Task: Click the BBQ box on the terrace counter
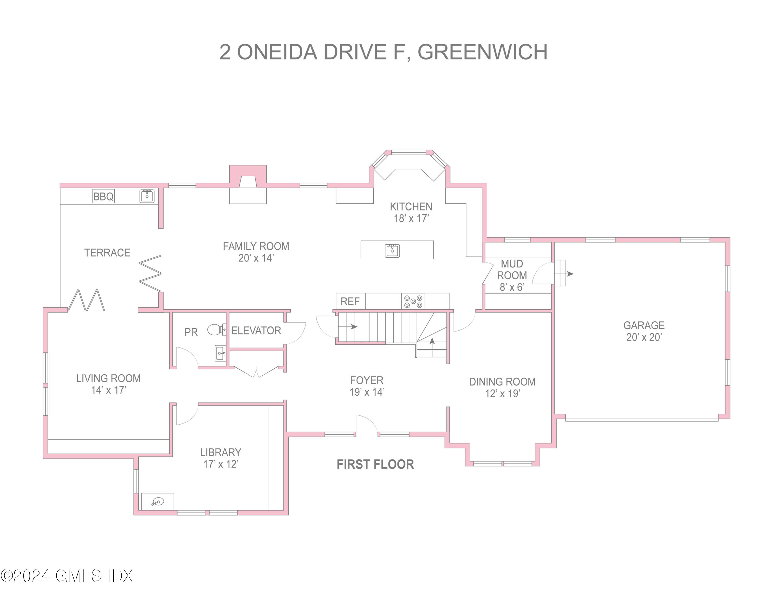coord(103,196)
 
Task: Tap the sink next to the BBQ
coord(147,196)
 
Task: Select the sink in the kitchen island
coord(392,251)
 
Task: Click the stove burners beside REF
coord(413,301)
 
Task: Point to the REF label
coord(350,301)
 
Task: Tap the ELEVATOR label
coord(256,330)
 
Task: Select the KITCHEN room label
coord(411,207)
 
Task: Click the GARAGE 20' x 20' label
coord(644,331)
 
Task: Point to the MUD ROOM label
coord(512,270)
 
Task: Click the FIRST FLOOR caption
coord(375,464)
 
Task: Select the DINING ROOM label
coord(502,382)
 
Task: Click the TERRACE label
coord(107,253)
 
